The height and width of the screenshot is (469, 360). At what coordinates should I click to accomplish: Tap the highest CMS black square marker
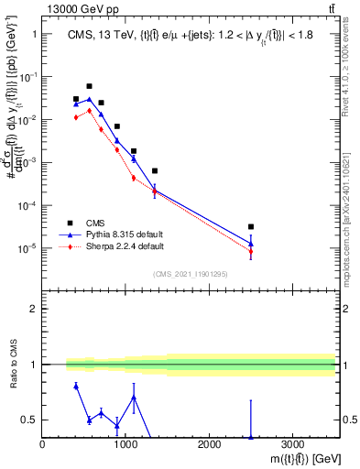tap(89, 86)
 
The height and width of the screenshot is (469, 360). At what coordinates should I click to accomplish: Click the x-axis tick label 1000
tap(125, 445)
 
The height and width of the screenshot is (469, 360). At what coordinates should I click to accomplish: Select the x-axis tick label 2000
tap(209, 445)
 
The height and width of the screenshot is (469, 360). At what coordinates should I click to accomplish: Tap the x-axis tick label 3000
tap(292, 445)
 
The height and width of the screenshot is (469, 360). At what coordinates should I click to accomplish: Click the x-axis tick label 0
tap(43, 445)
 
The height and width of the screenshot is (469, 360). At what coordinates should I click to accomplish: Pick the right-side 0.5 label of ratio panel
tap(350, 420)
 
